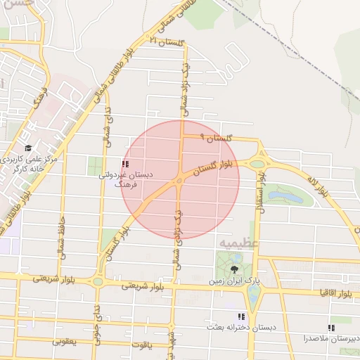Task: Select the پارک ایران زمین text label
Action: pyautogui.click(x=233, y=281)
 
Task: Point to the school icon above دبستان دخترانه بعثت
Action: pyautogui.click(x=241, y=317)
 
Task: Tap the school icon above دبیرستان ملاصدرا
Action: pyautogui.click(x=330, y=328)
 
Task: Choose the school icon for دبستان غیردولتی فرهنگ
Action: pyautogui.click(x=125, y=164)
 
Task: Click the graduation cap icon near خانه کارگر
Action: pyautogui.click(x=28, y=148)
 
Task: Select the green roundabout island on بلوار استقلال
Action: pyautogui.click(x=257, y=163)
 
